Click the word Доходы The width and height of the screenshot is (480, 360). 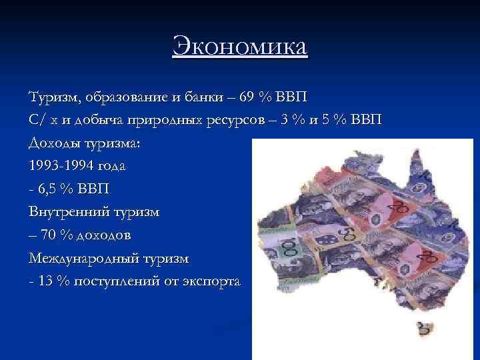click(x=53, y=143)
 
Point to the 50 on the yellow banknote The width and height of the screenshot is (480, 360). click(x=346, y=234)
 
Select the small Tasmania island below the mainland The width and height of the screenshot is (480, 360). click(x=421, y=328)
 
